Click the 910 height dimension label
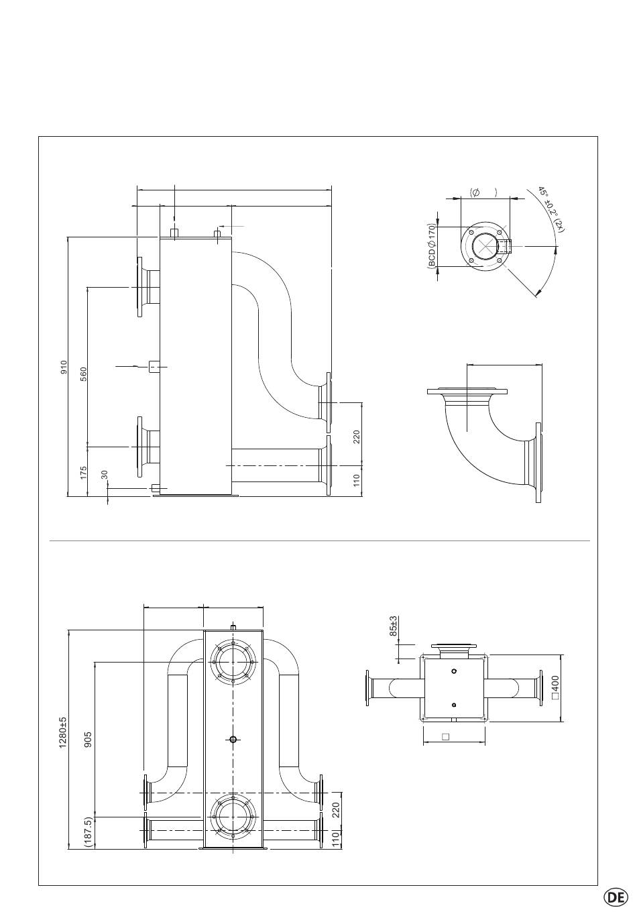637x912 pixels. click(64, 367)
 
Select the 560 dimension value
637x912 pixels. click(83, 374)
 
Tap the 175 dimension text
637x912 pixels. click(83, 473)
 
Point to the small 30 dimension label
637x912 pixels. click(104, 474)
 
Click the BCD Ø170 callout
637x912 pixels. click(432, 245)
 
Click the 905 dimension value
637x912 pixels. click(88, 740)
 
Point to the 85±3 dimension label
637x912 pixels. click(393, 626)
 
